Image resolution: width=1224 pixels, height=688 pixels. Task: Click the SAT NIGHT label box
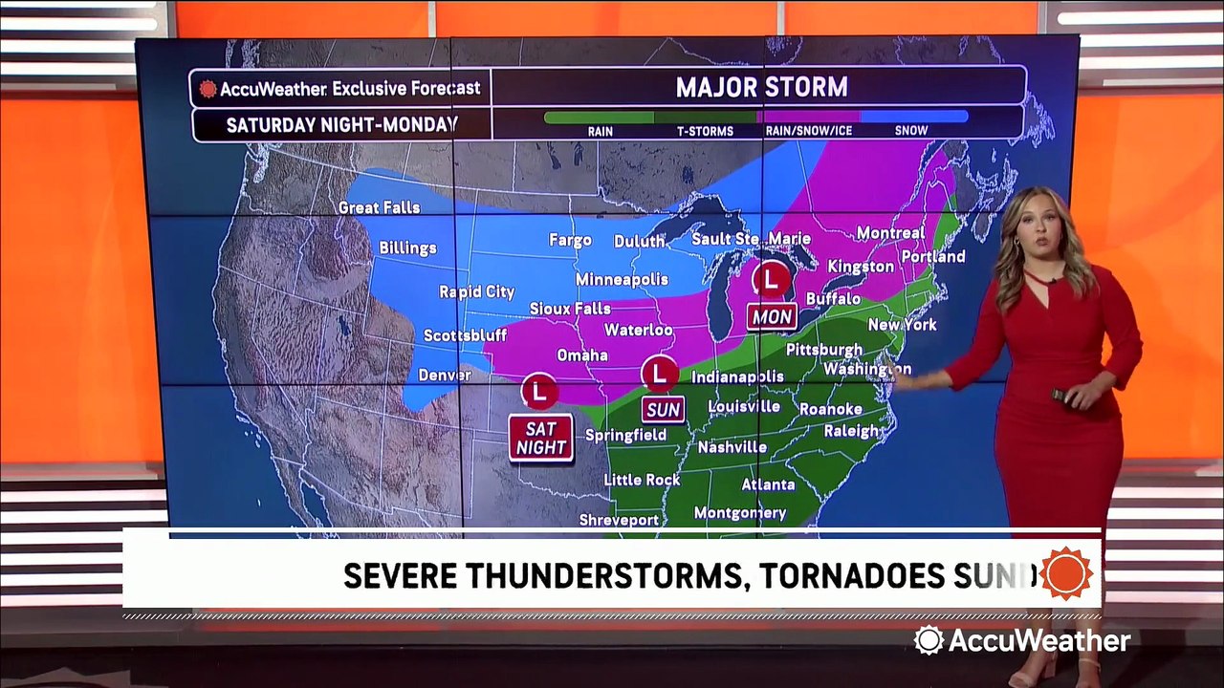[x=541, y=438]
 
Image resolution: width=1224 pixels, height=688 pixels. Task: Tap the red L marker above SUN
[x=659, y=373]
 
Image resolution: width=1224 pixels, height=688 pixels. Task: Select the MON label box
[x=772, y=316]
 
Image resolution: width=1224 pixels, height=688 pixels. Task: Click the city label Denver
[x=445, y=376]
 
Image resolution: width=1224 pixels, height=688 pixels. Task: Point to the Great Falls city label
[x=379, y=207]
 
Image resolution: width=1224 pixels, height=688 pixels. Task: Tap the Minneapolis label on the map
[x=622, y=279]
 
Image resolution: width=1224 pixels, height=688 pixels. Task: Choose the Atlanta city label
[x=768, y=484]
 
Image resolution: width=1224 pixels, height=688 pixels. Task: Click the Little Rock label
[x=642, y=480]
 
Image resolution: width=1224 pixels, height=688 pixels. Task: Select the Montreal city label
[x=890, y=233]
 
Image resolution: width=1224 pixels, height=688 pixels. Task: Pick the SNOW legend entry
[x=911, y=131]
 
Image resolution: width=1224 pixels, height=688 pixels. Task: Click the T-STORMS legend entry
[x=705, y=131]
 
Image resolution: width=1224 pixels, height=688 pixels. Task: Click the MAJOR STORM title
[x=761, y=88]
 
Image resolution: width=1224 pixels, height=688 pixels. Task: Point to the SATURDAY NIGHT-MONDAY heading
[x=341, y=124]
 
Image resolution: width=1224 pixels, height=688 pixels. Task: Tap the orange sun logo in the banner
[x=1066, y=573]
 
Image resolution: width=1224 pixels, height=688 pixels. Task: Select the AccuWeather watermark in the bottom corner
[x=1022, y=640]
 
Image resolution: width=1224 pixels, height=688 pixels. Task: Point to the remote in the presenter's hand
[x=1061, y=394]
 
